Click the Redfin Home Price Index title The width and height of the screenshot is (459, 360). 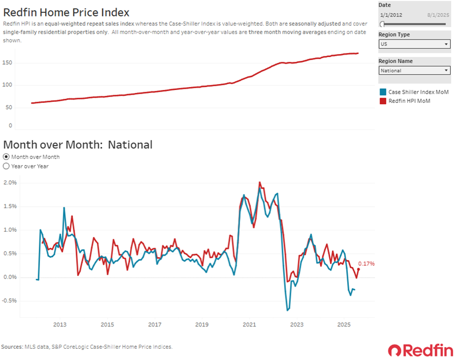point(66,12)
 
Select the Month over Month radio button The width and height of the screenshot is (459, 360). point(6,157)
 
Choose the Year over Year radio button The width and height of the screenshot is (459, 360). point(6,166)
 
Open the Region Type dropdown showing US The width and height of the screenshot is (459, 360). point(414,44)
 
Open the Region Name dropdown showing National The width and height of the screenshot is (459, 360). point(414,71)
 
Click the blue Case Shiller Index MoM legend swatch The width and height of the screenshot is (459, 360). point(383,92)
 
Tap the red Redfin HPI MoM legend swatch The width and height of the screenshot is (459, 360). point(383,101)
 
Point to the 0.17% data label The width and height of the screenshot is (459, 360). point(366,264)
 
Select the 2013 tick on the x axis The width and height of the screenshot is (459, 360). point(59,325)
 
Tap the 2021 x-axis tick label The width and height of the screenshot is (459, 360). point(249,325)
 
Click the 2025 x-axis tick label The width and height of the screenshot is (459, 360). point(344,325)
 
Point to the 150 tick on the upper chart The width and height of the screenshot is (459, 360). point(8,63)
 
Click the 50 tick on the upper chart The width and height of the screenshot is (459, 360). point(9,107)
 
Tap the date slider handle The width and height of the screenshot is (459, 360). point(382,24)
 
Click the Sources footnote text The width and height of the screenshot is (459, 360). point(87,346)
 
